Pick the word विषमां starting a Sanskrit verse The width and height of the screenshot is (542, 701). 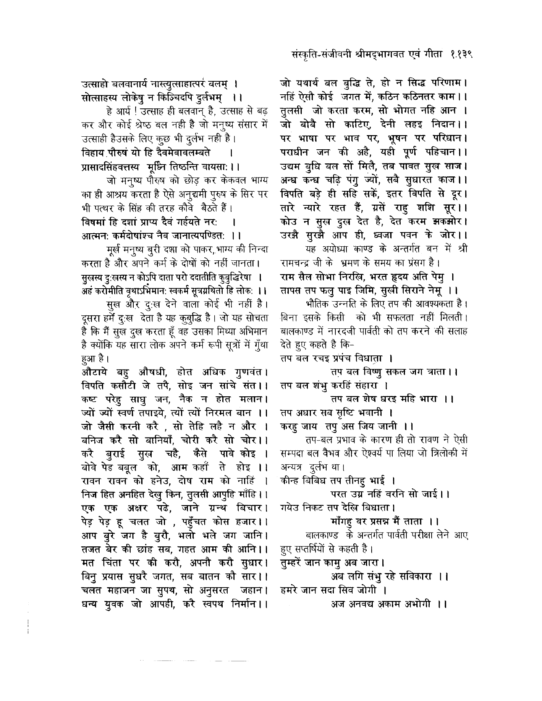(94, 221)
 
